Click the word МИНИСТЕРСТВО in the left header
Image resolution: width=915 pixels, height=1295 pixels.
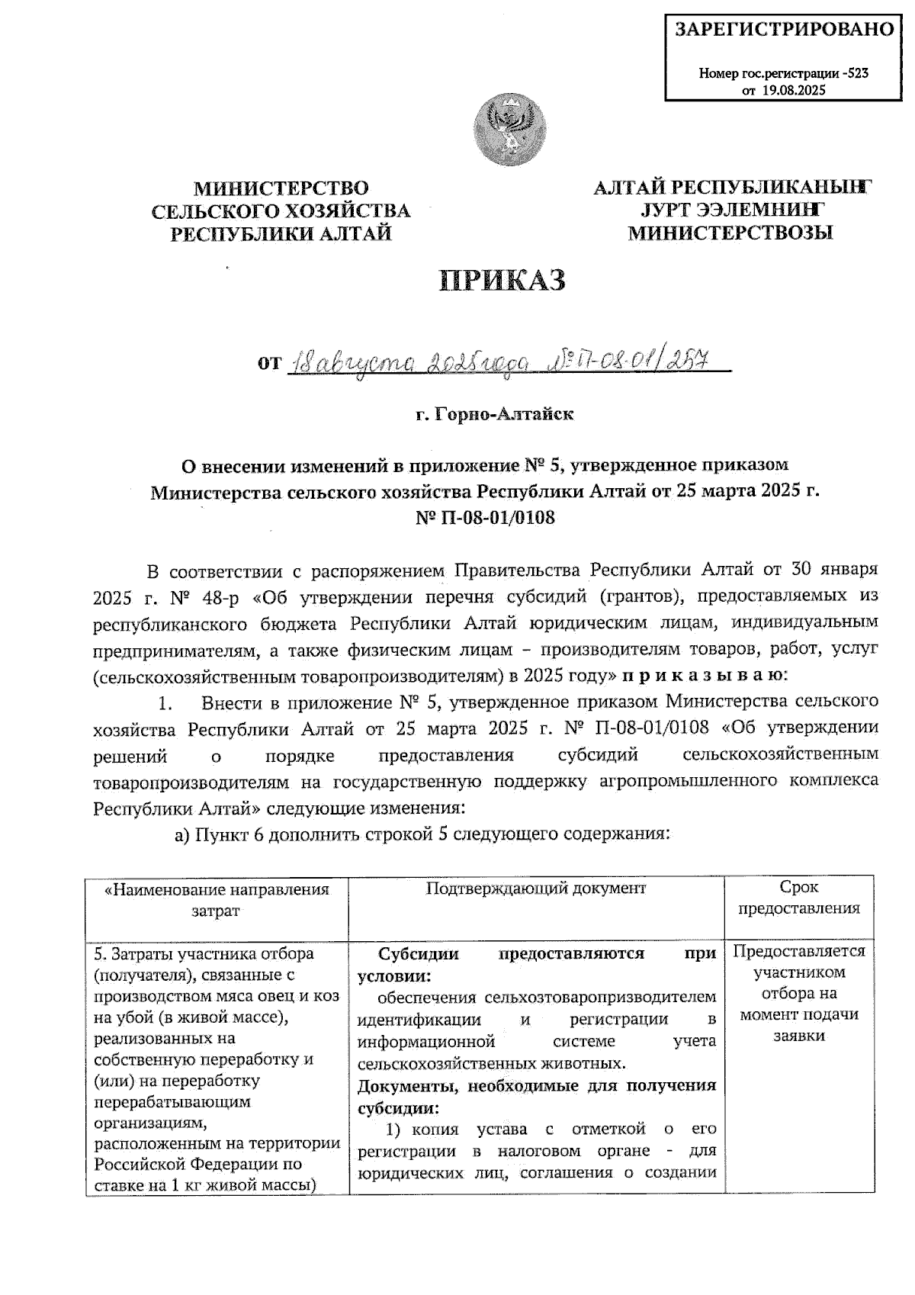(x=281, y=188)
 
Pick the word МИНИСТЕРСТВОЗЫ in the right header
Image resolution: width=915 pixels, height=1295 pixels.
(x=730, y=233)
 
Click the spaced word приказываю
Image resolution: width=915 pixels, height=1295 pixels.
(x=702, y=675)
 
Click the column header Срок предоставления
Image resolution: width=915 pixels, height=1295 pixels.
(x=798, y=898)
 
